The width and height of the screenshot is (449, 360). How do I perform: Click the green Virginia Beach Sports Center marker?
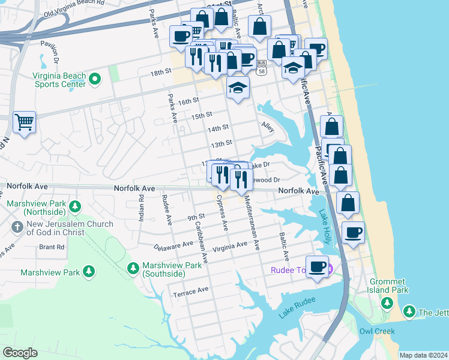click(x=95, y=79)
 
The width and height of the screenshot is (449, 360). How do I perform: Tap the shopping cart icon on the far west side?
click(x=24, y=123)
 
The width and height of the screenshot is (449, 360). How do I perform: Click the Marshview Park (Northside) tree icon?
click(x=74, y=207)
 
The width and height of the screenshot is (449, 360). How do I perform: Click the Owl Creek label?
click(x=375, y=331)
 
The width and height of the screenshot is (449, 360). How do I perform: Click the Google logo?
click(x=20, y=352)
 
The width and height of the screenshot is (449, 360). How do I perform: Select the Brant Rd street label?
click(x=51, y=247)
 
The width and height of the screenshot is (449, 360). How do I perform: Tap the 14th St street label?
click(x=218, y=128)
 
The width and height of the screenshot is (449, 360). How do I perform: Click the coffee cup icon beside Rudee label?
click(x=317, y=266)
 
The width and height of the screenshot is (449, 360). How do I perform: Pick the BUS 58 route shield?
click(x=261, y=66)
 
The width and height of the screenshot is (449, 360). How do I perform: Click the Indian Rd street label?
click(x=142, y=208)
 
